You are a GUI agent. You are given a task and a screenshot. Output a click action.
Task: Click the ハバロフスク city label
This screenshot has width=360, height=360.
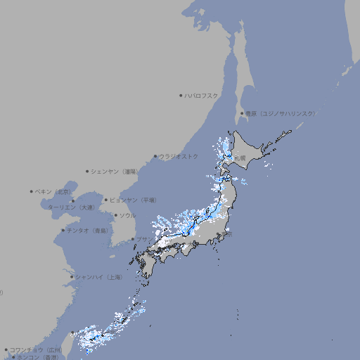(x=202, y=95)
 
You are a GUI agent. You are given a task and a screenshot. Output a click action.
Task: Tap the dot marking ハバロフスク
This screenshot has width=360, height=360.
(x=181, y=95)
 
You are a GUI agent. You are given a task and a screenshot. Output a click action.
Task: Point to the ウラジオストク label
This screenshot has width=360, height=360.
(x=179, y=156)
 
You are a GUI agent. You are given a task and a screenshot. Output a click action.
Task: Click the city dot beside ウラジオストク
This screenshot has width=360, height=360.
(x=155, y=156)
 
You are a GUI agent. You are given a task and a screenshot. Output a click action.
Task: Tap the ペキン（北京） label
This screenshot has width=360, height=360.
(x=54, y=191)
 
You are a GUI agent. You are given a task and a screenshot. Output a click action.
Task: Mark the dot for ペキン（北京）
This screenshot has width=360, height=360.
(x=32, y=191)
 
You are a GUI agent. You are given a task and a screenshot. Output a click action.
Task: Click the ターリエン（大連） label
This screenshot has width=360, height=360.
(x=71, y=207)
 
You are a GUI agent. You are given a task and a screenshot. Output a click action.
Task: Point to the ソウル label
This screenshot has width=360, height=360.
(x=127, y=215)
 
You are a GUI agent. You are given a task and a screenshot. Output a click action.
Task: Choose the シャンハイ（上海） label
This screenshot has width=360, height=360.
(x=98, y=277)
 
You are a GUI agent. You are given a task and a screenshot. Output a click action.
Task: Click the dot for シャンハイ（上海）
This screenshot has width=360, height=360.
(x=72, y=277)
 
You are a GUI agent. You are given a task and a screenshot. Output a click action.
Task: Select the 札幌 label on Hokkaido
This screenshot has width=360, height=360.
(x=240, y=158)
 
